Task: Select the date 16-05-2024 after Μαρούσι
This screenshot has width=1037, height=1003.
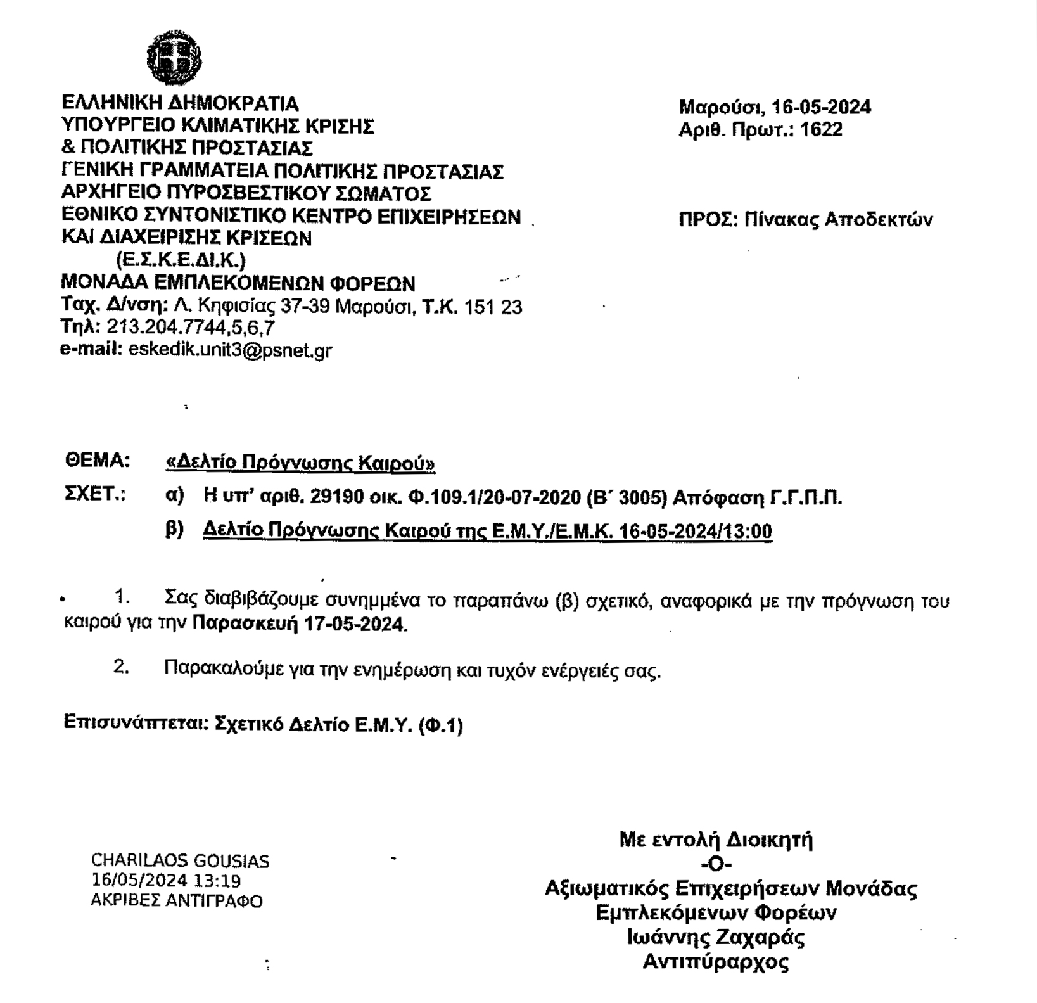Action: [x=822, y=107]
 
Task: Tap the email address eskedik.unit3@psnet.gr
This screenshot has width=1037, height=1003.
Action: [x=230, y=350]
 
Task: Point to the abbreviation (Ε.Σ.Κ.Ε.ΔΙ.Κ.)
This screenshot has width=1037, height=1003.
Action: [x=181, y=260]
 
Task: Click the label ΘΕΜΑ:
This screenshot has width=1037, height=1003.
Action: [x=98, y=461]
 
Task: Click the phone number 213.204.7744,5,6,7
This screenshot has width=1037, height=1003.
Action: [x=190, y=328]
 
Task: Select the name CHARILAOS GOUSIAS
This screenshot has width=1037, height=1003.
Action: [x=180, y=861]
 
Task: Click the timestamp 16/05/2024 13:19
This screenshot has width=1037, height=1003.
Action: [x=166, y=881]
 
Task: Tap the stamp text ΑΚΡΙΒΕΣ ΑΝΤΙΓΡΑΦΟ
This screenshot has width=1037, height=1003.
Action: [x=177, y=900]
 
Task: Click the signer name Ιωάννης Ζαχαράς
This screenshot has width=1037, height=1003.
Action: [x=716, y=937]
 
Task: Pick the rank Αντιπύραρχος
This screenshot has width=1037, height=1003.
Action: [x=716, y=962]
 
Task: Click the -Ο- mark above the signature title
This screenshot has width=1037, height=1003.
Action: [x=716, y=864]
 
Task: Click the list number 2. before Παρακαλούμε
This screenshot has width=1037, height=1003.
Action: [x=122, y=667]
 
